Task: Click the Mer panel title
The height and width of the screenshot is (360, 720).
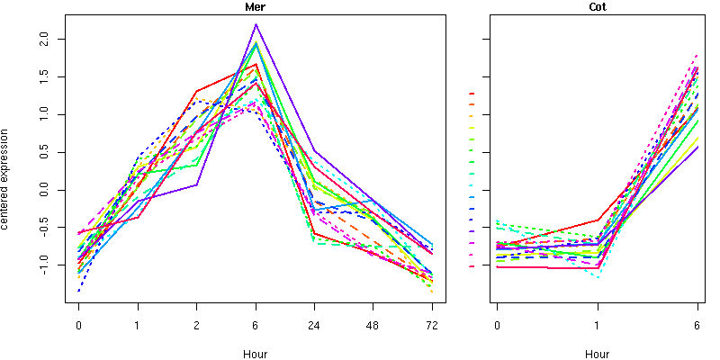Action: [256, 7]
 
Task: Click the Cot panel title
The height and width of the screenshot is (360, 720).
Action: [597, 7]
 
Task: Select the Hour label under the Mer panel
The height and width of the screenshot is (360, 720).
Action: [256, 355]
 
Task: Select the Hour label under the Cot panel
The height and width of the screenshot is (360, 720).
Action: [597, 355]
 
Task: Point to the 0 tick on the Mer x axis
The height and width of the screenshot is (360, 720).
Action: [79, 326]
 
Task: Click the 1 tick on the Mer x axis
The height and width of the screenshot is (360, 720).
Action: [138, 326]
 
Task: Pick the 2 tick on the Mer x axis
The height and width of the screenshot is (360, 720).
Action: [197, 326]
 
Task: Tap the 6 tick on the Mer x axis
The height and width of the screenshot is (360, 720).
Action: [256, 326]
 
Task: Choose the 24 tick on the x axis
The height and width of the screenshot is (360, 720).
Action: [315, 326]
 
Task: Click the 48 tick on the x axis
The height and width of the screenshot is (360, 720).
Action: [373, 326]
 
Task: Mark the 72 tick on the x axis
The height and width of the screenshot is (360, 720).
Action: [433, 326]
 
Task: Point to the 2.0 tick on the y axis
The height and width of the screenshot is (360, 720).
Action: [50, 40]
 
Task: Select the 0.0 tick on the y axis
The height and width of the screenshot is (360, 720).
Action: [50, 190]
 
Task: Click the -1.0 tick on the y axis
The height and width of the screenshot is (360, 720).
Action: [50, 265]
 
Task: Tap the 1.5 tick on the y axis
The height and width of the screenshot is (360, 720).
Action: [50, 77]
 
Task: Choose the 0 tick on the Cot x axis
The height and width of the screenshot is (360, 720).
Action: [497, 326]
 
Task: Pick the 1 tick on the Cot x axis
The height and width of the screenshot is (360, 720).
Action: [597, 326]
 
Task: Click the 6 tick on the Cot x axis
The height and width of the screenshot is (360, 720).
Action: [697, 326]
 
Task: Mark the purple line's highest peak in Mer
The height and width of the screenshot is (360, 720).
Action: [256, 24]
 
